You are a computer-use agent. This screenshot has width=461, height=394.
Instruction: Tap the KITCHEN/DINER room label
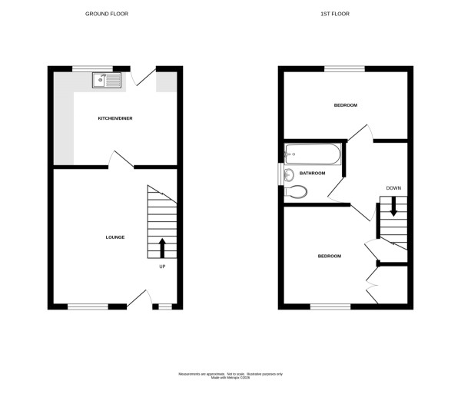pos(113,118)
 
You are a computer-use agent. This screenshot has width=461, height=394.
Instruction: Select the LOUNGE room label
pos(115,237)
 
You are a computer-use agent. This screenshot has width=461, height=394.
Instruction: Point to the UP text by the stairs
pos(162,267)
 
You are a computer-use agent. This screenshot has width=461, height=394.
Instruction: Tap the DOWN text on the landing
pos(393,188)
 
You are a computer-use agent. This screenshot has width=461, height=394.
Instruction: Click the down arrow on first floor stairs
pos(393,206)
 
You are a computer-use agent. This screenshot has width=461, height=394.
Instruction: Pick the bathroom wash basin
pos(288,174)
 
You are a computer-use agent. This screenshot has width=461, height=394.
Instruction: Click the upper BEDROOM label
pos(346,105)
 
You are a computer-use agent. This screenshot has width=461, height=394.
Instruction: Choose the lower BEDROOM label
pos(329,256)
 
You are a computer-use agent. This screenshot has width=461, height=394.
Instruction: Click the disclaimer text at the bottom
pos(230,375)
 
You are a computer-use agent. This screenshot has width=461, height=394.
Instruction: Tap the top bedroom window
pos(344,68)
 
